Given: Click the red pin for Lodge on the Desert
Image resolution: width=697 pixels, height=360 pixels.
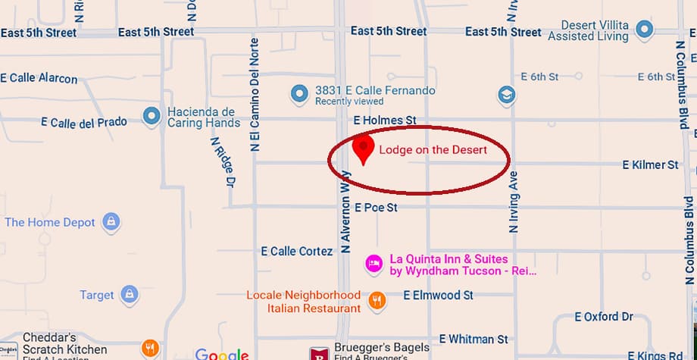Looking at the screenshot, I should [364, 148].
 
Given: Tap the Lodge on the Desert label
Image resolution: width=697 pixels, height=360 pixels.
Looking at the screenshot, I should [433, 150].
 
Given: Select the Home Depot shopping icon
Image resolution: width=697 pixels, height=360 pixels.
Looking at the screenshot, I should [111, 222].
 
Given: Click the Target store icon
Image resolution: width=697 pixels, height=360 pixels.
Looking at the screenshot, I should [130, 295].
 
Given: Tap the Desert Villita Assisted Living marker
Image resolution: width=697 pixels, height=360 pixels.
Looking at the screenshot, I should [645, 30].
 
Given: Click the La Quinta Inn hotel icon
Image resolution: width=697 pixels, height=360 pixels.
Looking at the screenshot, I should [374, 264].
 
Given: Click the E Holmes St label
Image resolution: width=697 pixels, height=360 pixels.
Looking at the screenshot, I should [385, 121].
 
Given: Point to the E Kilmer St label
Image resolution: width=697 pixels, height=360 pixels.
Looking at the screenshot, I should [650, 164].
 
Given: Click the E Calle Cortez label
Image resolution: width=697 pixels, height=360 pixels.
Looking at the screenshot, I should [296, 251].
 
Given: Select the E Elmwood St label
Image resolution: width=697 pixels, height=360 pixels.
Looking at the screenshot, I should [438, 295].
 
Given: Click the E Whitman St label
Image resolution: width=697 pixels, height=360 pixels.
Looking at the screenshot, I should [474, 339].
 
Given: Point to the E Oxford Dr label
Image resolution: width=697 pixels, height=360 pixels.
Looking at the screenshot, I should [604, 316].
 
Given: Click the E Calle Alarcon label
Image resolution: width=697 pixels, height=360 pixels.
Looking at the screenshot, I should [39, 78].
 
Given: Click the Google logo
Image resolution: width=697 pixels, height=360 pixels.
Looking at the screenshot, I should [221, 353].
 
